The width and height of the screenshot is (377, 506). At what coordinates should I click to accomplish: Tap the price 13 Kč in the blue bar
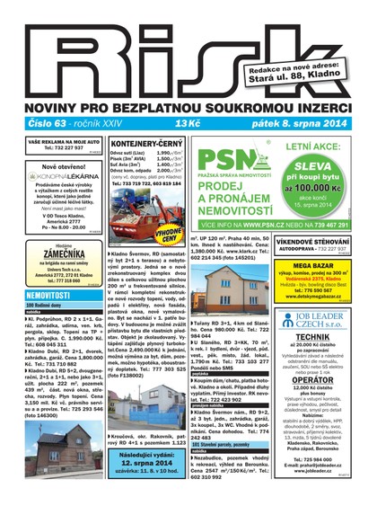click(188, 123)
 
